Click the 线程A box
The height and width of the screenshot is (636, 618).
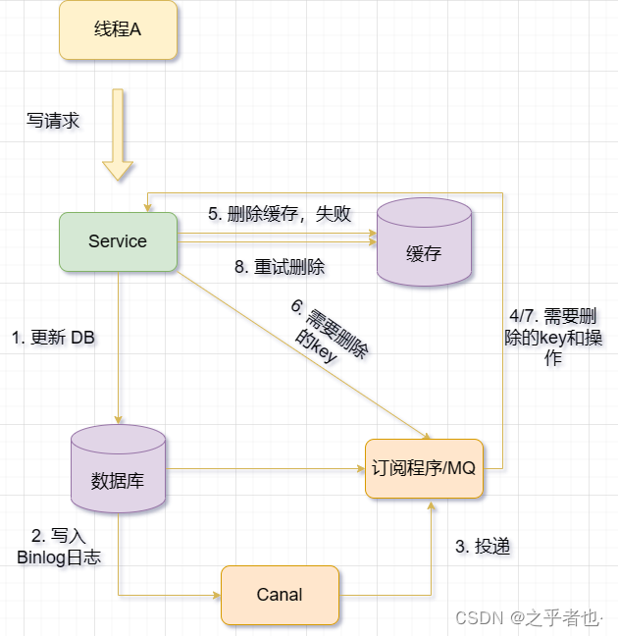(x=118, y=29)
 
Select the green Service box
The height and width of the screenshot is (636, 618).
(x=118, y=241)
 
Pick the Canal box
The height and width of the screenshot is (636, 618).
(x=280, y=595)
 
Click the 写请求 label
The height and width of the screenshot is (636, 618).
(x=53, y=122)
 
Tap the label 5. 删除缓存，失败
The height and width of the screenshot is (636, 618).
(x=280, y=214)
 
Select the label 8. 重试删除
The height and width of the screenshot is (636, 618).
(x=280, y=267)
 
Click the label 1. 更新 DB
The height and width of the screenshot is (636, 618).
(x=53, y=338)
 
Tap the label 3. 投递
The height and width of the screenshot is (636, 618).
(x=483, y=547)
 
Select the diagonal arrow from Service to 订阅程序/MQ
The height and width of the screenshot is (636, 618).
(x=304, y=354)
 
